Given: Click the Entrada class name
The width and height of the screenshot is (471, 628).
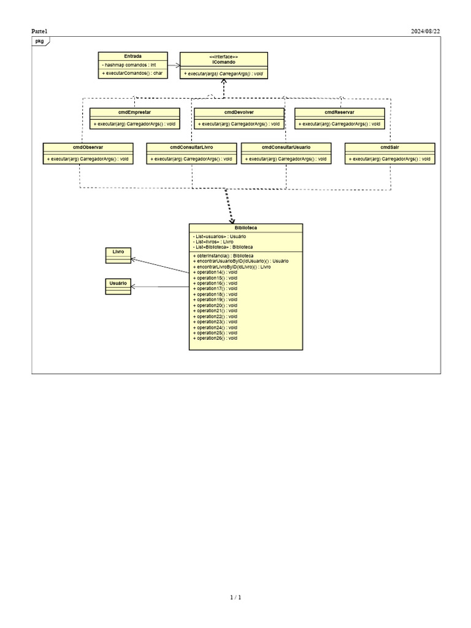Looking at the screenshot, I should (132, 56).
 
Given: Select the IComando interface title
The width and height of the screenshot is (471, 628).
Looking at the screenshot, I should (224, 62).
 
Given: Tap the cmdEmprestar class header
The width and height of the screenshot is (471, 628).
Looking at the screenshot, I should (134, 112).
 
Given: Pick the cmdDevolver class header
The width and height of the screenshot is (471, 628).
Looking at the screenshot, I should (239, 112).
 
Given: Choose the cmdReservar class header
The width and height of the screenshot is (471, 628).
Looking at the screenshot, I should (339, 112).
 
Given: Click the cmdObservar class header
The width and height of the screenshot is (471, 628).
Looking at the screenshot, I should (88, 147).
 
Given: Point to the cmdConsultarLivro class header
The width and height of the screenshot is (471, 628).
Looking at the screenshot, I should (191, 147).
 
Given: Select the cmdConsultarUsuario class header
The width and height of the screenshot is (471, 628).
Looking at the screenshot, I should (286, 147).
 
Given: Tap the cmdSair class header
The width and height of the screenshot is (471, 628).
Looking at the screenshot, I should (389, 147).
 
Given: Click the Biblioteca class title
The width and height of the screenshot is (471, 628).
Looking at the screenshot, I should (245, 228).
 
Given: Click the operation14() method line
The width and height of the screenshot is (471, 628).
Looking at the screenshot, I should (215, 272).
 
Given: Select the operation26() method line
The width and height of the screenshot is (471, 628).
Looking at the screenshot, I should (215, 338).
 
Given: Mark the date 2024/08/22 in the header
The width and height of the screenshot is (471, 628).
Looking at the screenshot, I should (425, 31).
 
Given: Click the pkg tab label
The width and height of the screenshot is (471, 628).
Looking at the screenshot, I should (39, 41).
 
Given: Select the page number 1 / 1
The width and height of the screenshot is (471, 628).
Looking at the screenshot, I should (235, 597).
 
